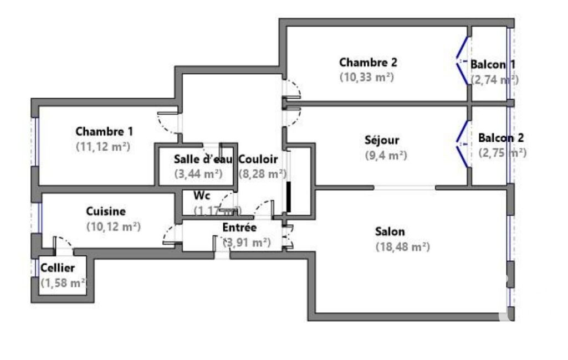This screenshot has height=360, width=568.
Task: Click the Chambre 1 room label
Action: coord(104,132)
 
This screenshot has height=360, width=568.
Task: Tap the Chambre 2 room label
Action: coord(368,63)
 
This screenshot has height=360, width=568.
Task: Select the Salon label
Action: coord(390,232)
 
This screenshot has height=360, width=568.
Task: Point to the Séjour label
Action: coord(382,140)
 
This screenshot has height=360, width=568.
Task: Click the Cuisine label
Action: coord(105,211)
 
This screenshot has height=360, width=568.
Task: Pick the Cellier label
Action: coord(58,268)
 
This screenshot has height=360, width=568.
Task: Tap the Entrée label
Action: coord(239,227)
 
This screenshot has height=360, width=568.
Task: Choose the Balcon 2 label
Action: coord(501,138)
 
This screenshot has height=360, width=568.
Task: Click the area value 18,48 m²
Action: coord(402,247)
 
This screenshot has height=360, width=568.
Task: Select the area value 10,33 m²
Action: coord(366,78)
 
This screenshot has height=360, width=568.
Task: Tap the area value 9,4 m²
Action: coord(386,156)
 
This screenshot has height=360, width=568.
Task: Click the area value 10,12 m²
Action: coord(114,227)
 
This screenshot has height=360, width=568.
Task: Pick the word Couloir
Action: coord(258,159)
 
